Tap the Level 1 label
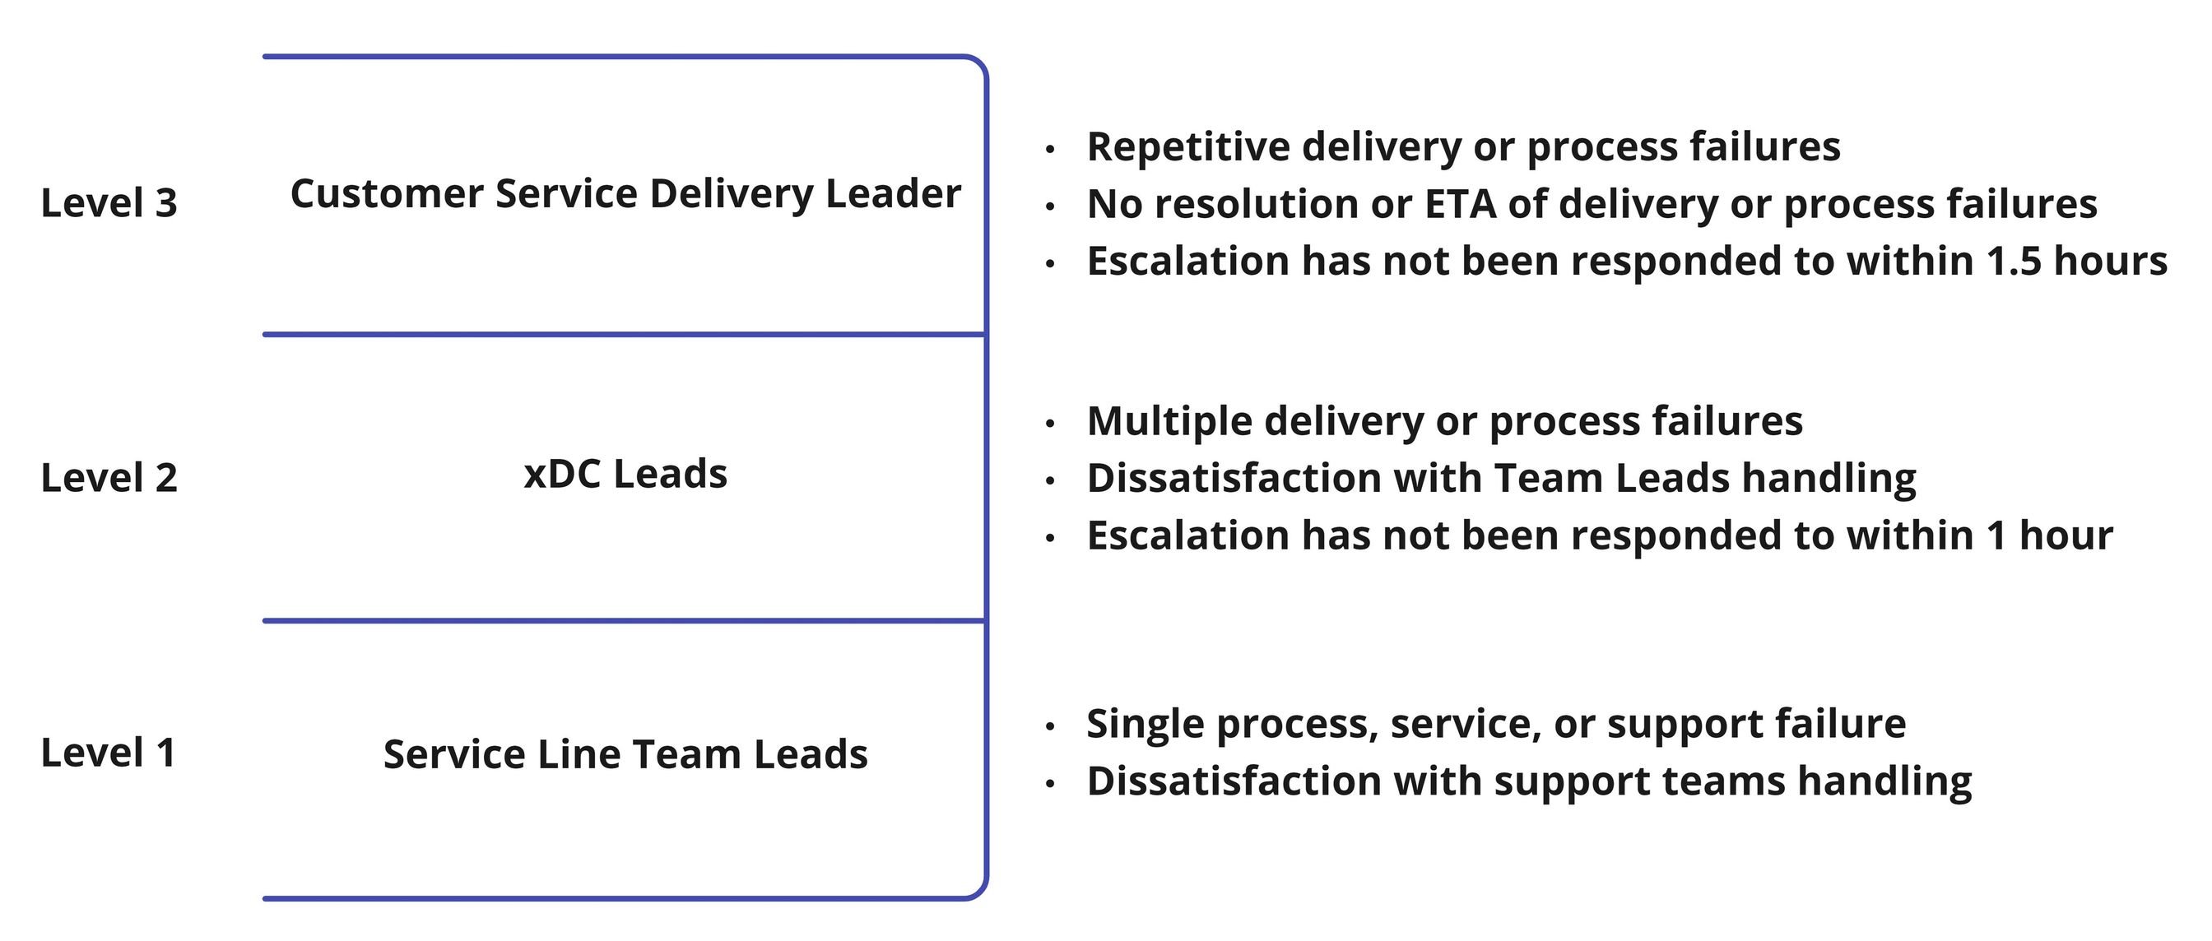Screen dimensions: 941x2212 coord(108,753)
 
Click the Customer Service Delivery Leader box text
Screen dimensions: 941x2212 coord(625,194)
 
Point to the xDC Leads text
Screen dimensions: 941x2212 coord(625,474)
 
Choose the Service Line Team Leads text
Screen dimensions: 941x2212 coord(625,754)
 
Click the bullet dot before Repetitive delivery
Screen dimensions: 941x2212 coord(1049,150)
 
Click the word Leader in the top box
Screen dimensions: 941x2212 coord(893,194)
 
